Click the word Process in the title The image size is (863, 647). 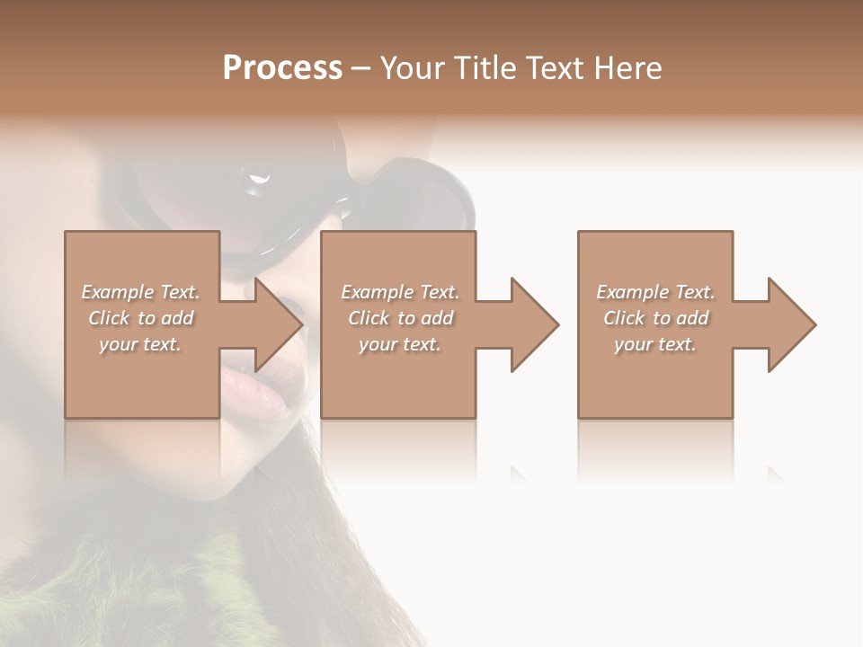tap(282, 68)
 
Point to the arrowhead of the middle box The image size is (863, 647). tap(536, 324)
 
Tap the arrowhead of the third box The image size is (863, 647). tap(793, 324)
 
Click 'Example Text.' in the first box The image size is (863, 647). tap(140, 292)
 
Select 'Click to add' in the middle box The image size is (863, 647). tap(400, 318)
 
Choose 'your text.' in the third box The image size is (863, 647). tap(655, 344)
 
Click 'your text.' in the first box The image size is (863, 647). tap(140, 344)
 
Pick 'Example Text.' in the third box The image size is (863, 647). tap(655, 292)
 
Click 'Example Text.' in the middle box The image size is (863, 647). tap(400, 292)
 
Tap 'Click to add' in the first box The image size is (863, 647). tap(140, 318)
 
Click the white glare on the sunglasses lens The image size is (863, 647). tap(260, 181)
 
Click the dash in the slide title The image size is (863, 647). tap(360, 69)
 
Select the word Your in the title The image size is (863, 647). tap(413, 68)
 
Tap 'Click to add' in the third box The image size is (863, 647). tap(655, 318)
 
